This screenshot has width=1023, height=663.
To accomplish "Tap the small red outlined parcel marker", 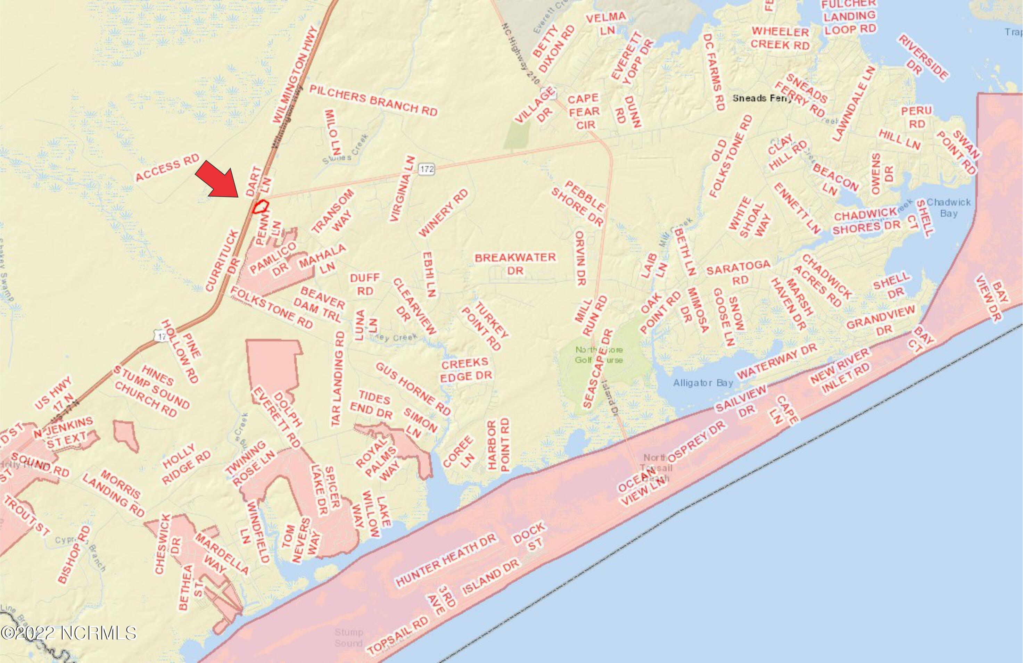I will point(260,207).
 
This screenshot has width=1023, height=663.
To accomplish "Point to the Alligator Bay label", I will point(703,383).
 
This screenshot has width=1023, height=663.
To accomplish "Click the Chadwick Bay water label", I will point(948,207).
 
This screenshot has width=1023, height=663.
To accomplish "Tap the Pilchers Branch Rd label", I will point(373,100).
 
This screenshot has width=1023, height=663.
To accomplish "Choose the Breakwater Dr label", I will point(515,263).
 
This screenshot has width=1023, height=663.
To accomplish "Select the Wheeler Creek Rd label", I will point(781,38).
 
